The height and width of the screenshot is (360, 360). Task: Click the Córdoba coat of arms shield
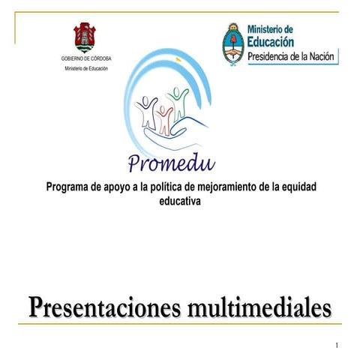84,37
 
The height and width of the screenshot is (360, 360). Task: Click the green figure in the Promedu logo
178,101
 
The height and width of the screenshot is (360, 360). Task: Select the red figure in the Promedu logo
163,116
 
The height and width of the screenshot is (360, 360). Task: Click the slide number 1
337,345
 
